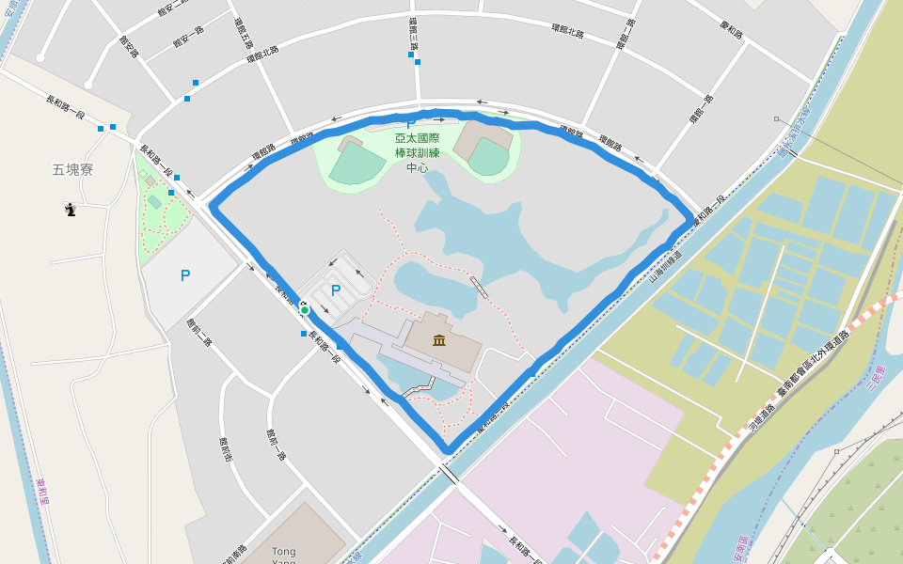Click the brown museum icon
coord(439,339)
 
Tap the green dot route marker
coord(305,309)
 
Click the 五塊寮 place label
coord(72,170)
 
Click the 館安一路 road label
coord(188,37)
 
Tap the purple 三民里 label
coord(877,379)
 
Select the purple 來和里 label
coord(41,491)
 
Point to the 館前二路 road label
coord(198,331)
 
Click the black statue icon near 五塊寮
coord(70,210)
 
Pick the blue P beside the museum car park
coord(336,290)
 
